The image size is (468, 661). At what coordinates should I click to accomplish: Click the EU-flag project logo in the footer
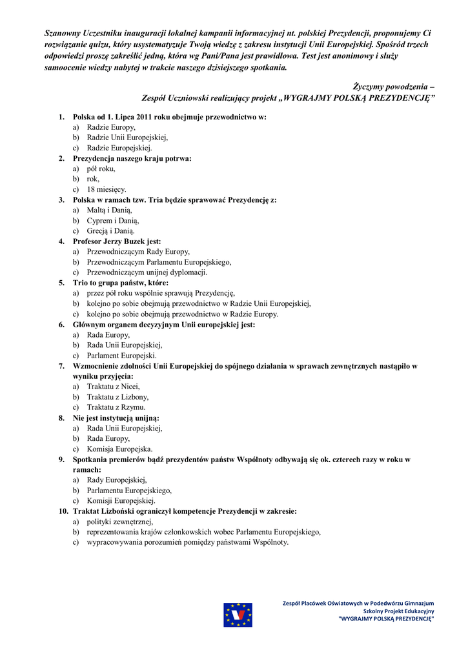click(x=238, y=615)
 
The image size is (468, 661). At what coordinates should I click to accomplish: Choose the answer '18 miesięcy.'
click(x=107, y=189)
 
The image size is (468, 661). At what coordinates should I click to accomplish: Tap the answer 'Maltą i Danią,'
click(x=109, y=210)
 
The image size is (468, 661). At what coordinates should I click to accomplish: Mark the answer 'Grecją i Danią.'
click(x=110, y=230)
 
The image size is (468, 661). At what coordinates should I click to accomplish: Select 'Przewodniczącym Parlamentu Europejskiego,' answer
click(x=159, y=262)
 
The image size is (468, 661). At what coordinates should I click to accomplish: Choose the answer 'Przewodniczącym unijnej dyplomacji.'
click(x=147, y=272)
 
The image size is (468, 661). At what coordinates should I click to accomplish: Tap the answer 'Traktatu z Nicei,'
click(x=114, y=387)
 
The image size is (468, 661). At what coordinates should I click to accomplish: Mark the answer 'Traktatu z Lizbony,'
click(x=117, y=397)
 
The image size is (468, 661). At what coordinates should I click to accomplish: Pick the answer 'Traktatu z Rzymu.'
click(x=116, y=407)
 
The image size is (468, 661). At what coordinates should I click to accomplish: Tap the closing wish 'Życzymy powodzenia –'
click(x=393, y=86)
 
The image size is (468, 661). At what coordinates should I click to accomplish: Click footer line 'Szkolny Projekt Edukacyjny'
click(x=398, y=611)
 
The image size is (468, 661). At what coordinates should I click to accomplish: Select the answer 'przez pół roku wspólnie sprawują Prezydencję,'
click(x=161, y=293)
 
